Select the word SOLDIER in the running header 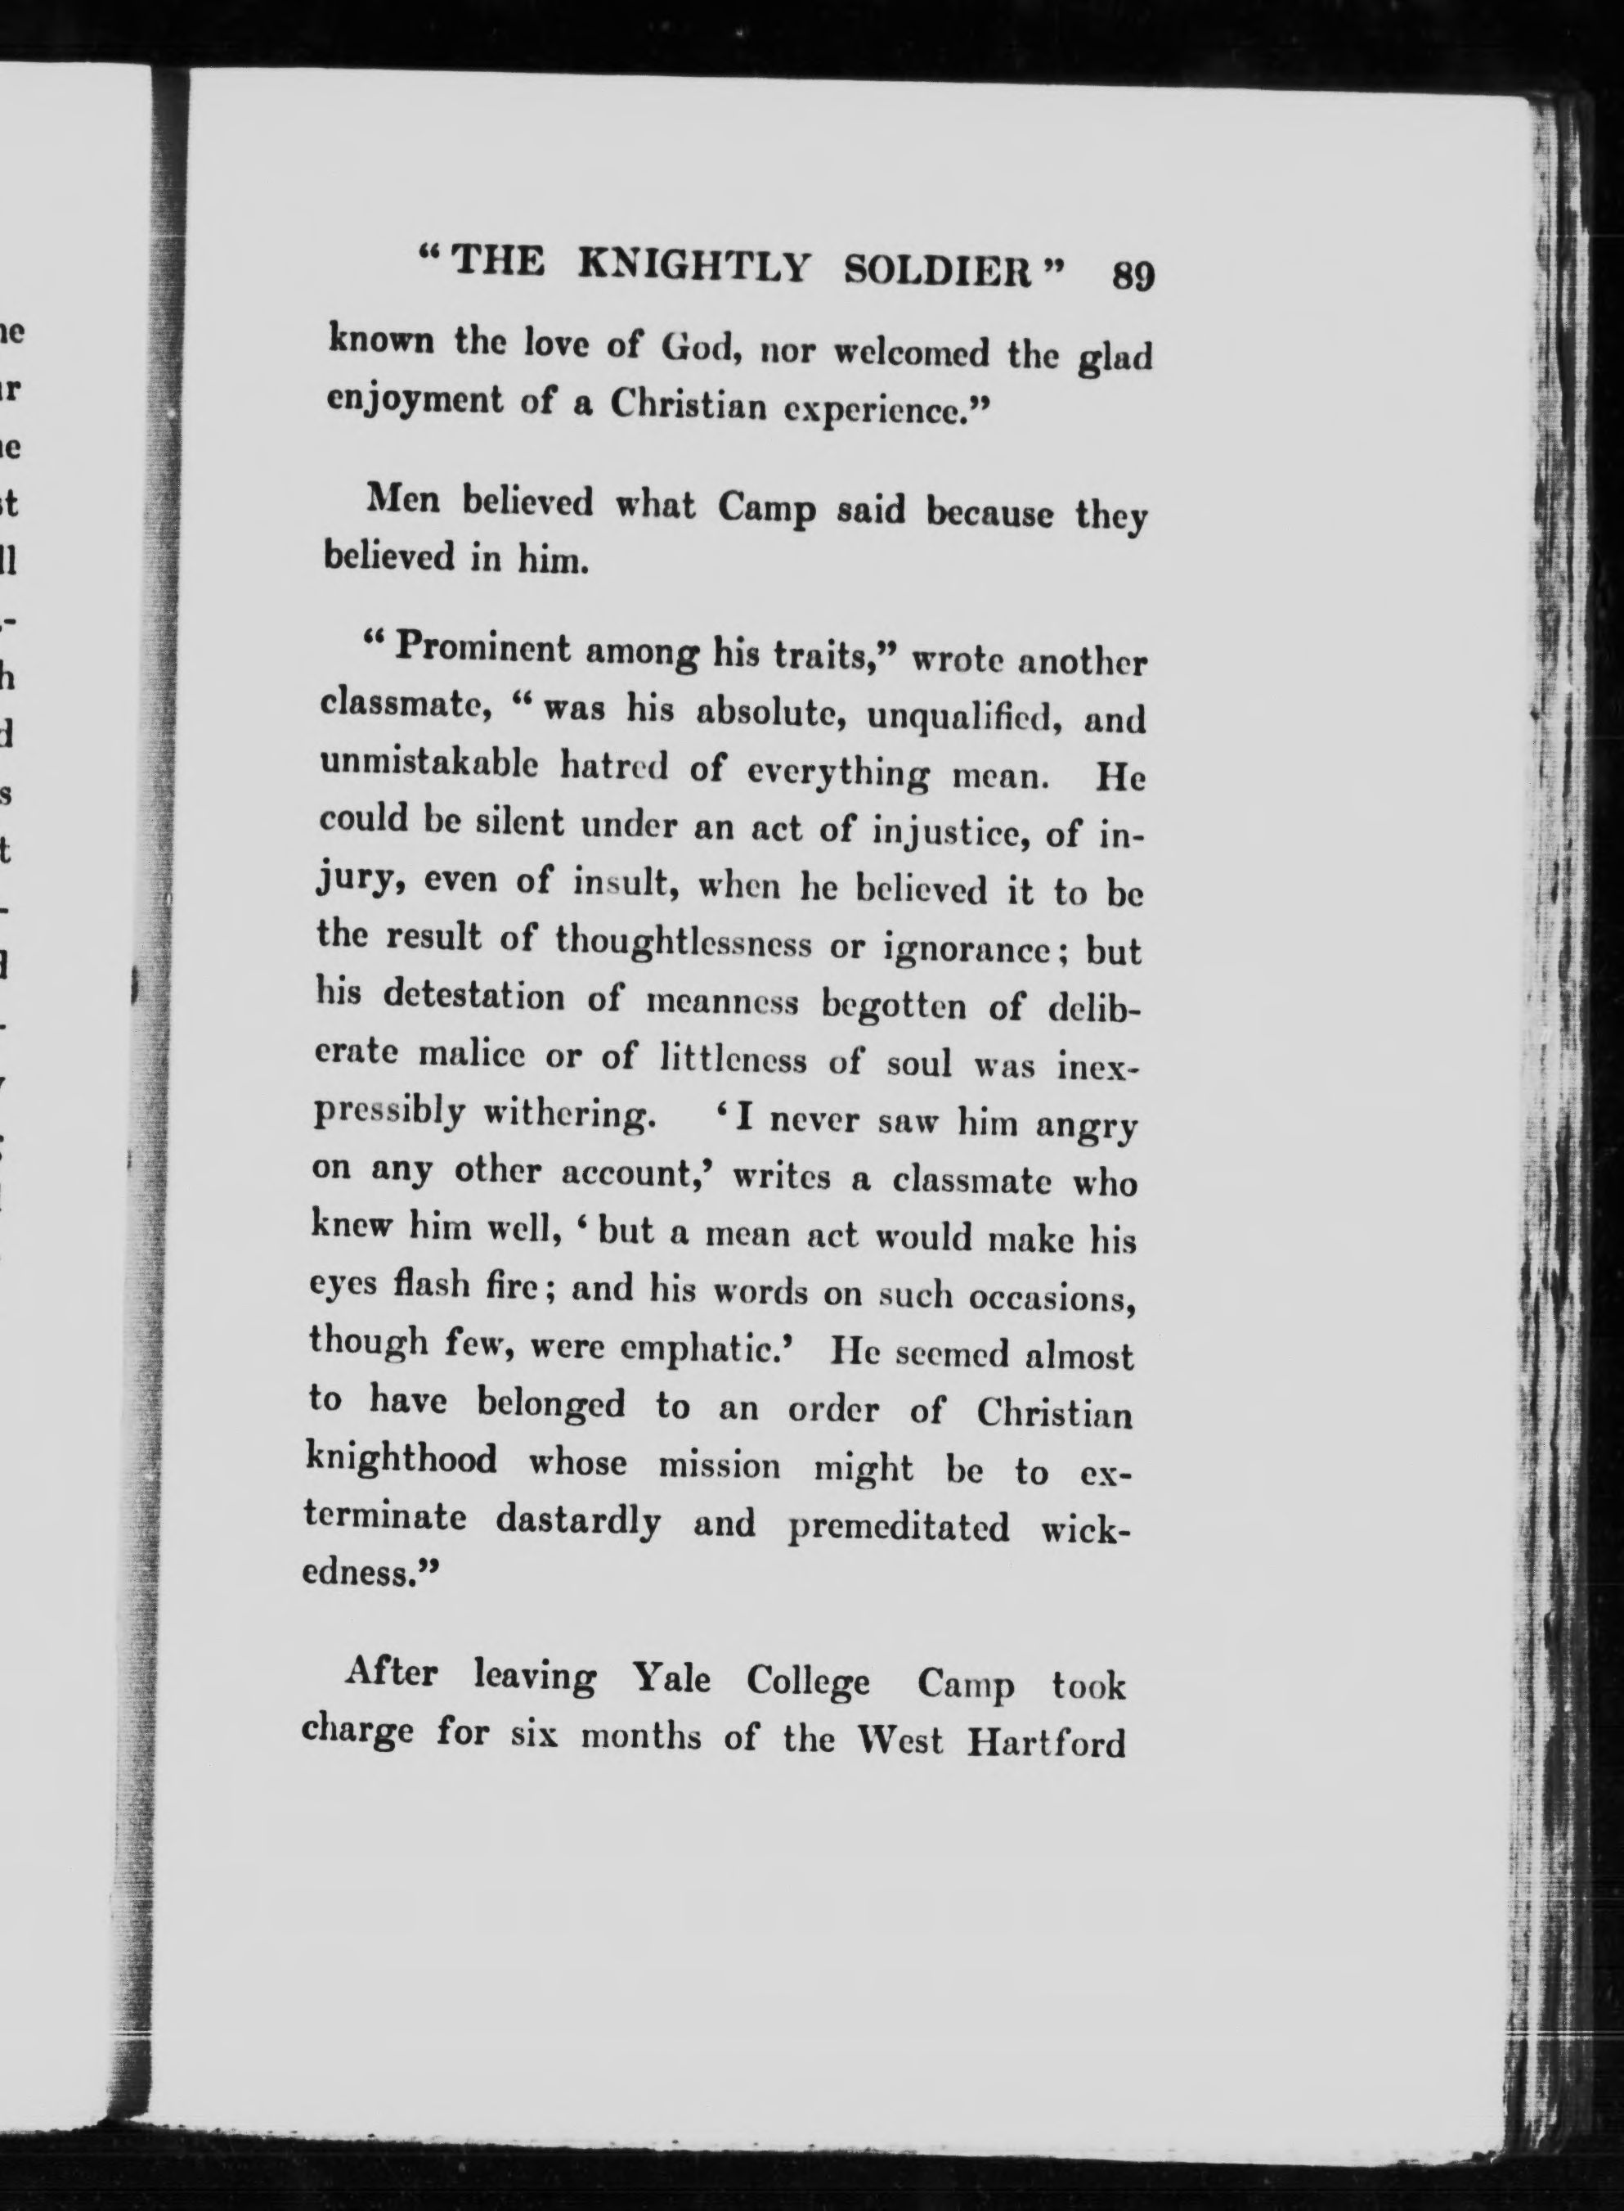(940, 271)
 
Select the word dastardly (577, 1520)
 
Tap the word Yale (672, 1677)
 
